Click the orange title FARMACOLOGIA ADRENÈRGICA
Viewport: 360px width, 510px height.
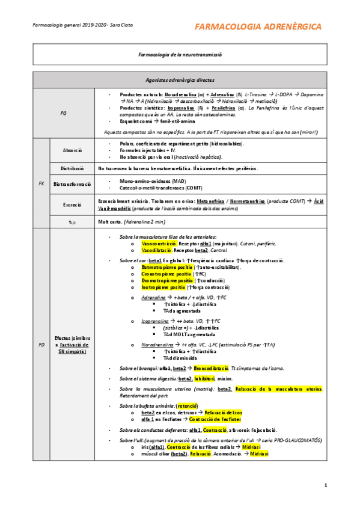pyautogui.click(x=258, y=27)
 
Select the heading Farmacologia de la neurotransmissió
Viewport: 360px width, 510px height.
pyautogui.click(x=180, y=54)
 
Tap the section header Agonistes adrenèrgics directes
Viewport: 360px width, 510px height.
pyautogui.click(x=180, y=80)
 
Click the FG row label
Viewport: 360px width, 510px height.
pyautogui.click(x=64, y=112)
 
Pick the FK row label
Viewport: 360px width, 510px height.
pyautogui.click(x=41, y=183)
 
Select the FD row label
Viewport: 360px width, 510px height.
pyautogui.click(x=41, y=345)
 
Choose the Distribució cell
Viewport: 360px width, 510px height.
pyautogui.click(x=72, y=169)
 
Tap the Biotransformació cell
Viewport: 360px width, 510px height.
pyautogui.click(x=72, y=183)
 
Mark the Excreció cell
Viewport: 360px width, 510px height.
pyautogui.click(x=72, y=205)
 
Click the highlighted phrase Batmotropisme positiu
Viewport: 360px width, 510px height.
pyautogui.click(x=168, y=266)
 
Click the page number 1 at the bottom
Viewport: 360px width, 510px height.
pyautogui.click(x=325, y=485)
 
